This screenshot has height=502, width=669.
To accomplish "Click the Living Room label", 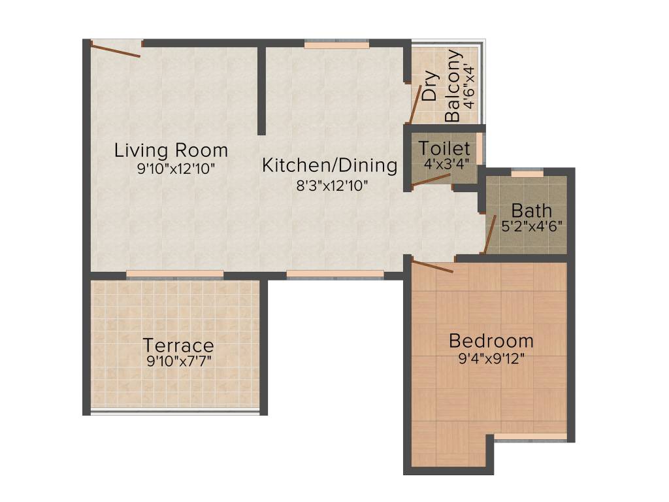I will (x=171, y=150).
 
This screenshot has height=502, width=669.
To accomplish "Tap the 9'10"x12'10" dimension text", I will (x=176, y=169).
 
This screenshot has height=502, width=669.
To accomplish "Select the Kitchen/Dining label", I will (x=329, y=165).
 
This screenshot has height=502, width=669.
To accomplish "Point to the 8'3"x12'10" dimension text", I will (x=333, y=185).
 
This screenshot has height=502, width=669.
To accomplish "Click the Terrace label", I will (x=178, y=344).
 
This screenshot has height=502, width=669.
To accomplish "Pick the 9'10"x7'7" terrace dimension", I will (x=178, y=360).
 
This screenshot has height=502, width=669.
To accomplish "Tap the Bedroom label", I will (x=491, y=341).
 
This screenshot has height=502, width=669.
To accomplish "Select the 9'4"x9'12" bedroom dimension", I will (x=491, y=358).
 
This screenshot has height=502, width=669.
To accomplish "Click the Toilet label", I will (x=444, y=148).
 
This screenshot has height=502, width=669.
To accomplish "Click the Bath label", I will (x=531, y=211).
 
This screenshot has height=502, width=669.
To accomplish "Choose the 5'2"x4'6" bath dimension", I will (x=531, y=226).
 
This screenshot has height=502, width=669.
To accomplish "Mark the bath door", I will (x=489, y=233).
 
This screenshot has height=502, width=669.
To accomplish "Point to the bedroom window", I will (x=530, y=436).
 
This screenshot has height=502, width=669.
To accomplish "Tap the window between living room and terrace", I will (x=175, y=274).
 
